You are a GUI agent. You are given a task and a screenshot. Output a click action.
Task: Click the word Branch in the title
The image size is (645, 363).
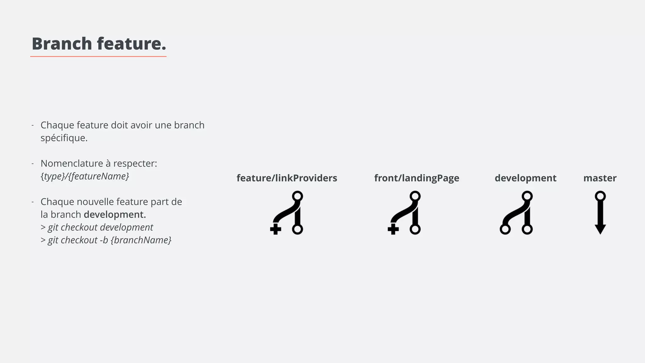[x=62, y=43]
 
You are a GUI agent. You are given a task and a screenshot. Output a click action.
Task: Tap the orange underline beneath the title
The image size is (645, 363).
[x=98, y=57]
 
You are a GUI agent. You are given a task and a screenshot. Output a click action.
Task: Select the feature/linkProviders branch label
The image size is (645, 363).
[x=287, y=178]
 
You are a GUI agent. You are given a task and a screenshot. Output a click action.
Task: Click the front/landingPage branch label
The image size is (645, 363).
[x=416, y=178]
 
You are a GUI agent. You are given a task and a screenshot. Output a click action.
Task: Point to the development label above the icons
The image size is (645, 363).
[x=525, y=178]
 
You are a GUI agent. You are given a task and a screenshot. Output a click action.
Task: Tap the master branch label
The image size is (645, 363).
[x=600, y=178]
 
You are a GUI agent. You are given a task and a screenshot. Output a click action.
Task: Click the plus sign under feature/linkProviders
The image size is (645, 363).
[x=276, y=229]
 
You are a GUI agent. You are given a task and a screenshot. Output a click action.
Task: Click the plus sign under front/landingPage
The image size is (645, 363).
[x=393, y=229]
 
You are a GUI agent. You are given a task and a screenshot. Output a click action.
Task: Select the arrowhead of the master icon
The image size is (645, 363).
[x=600, y=229]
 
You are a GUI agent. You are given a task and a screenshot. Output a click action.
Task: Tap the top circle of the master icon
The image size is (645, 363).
[x=600, y=196]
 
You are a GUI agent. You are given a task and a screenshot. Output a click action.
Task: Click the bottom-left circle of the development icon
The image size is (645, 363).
[x=505, y=229]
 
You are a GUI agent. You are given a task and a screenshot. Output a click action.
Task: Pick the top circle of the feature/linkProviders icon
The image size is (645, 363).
[x=297, y=196]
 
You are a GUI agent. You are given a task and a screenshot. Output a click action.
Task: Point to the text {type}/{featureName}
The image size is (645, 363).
[x=85, y=176]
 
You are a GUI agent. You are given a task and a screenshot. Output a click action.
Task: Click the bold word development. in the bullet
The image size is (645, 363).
[x=115, y=215]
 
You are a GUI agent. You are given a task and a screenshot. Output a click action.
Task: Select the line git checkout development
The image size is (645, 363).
[x=97, y=227]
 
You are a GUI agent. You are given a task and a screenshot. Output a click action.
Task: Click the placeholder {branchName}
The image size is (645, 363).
[x=141, y=240]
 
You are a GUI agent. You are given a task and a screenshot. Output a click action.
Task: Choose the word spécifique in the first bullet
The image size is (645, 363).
[x=64, y=138]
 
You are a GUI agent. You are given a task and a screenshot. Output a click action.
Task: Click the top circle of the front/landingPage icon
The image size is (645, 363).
[x=415, y=196]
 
